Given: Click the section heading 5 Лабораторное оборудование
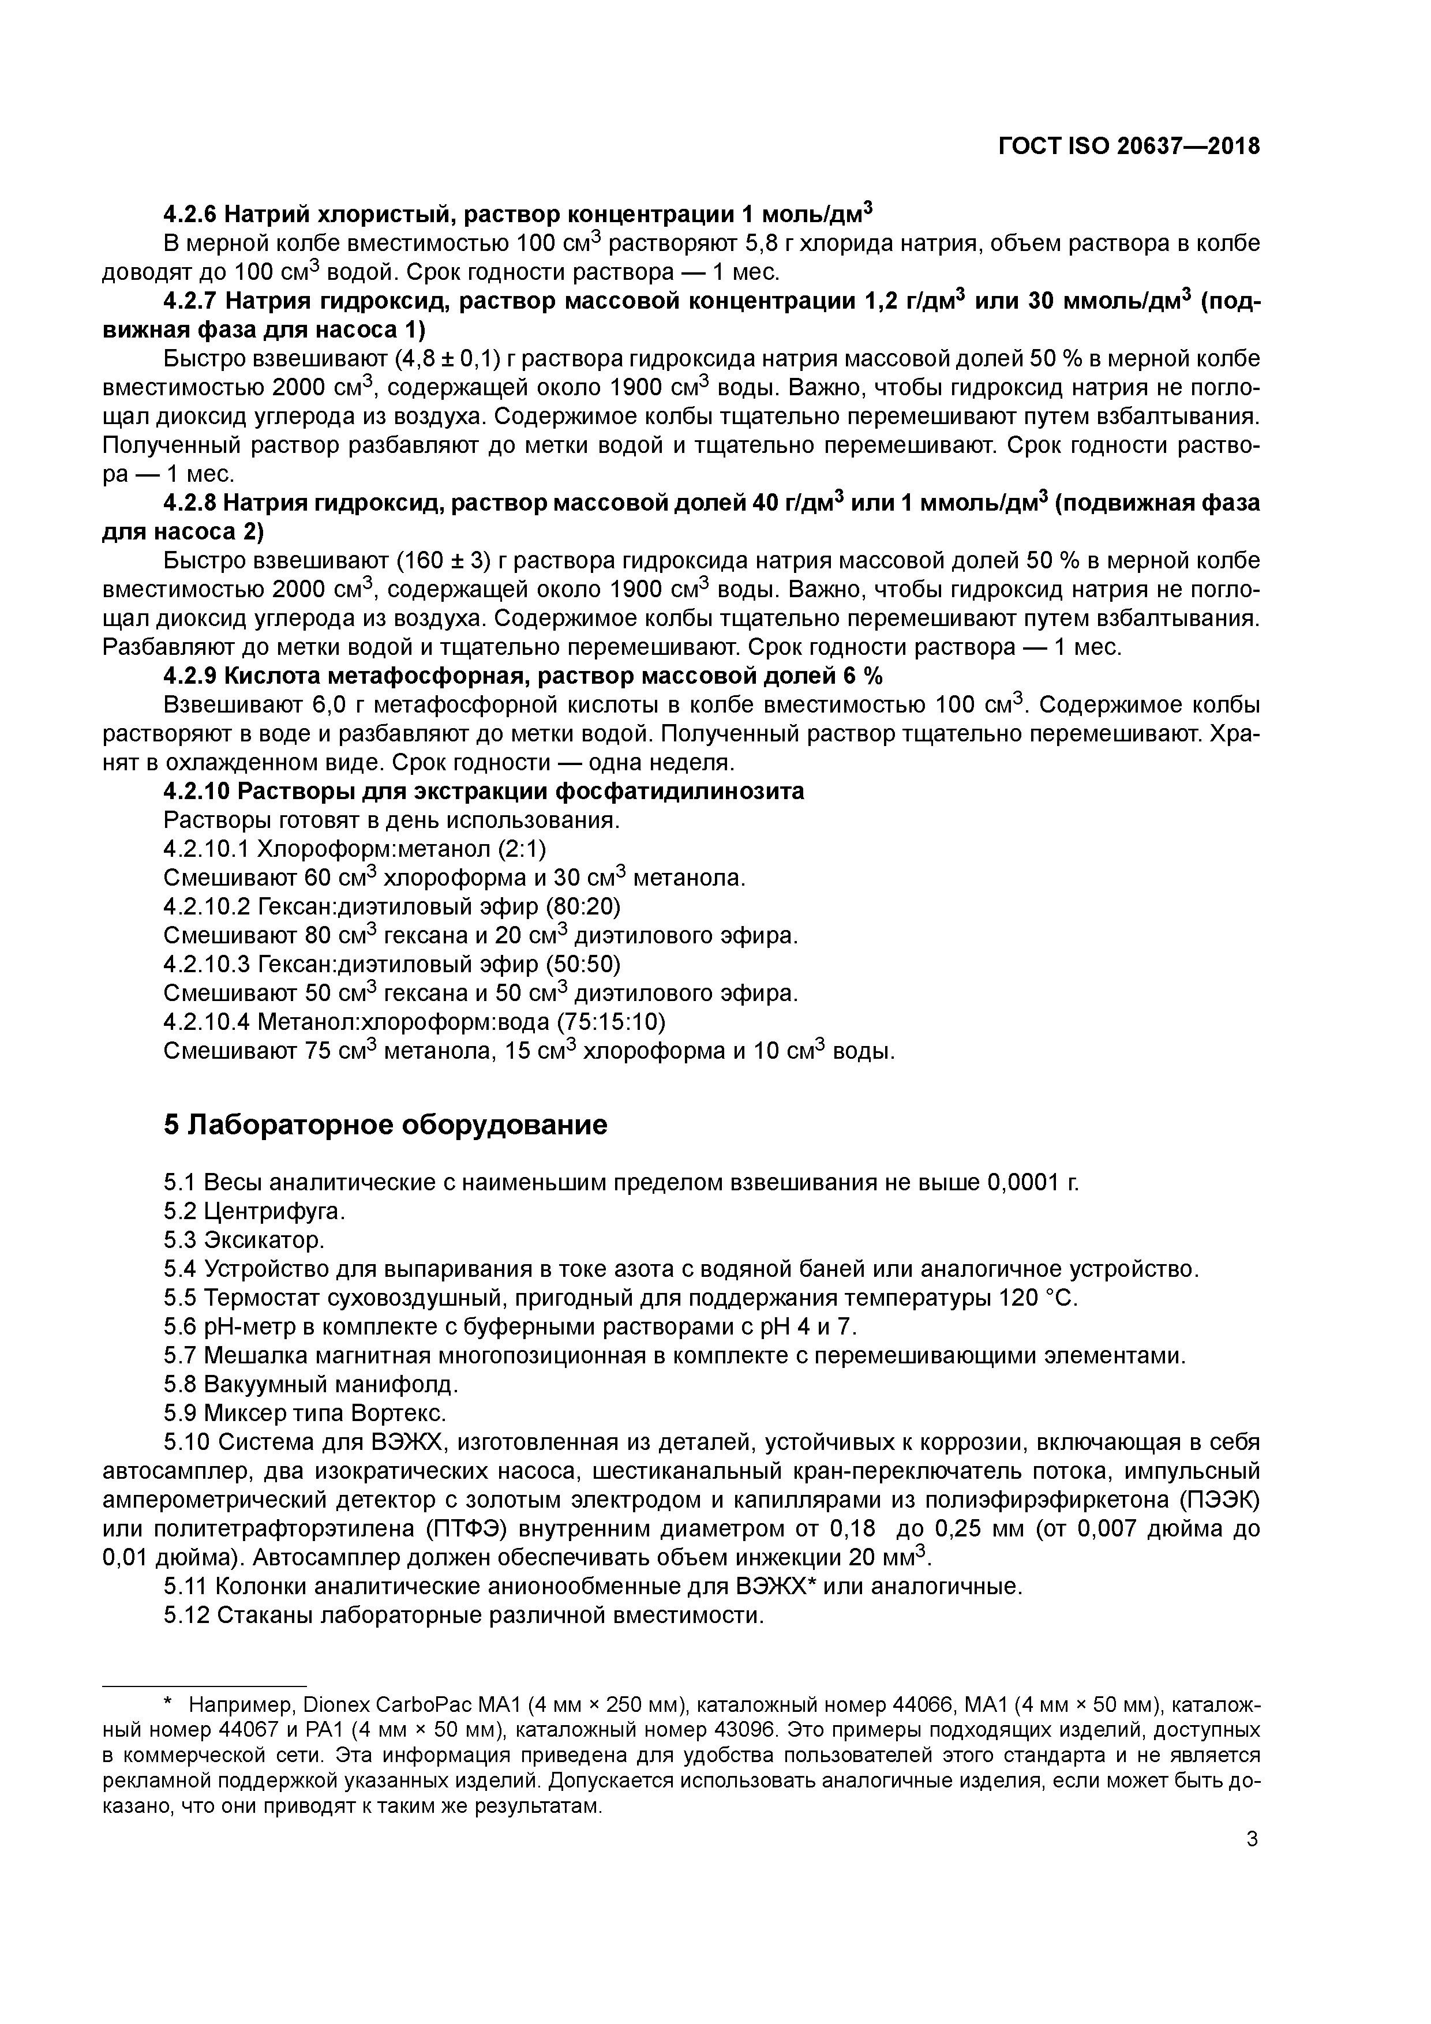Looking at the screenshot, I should (x=385, y=1126).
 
